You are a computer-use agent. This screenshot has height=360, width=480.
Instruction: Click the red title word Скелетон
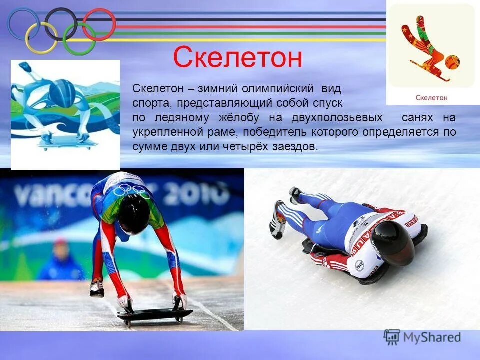click(237, 58)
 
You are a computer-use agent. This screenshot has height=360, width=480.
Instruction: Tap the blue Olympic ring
click(23, 24)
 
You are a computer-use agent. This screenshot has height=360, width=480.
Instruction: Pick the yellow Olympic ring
click(41, 38)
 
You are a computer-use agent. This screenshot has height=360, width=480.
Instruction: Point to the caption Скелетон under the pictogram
click(431, 97)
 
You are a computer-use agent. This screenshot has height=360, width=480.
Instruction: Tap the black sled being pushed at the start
click(154, 314)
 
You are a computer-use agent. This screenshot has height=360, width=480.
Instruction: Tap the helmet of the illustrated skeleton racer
click(63, 93)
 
